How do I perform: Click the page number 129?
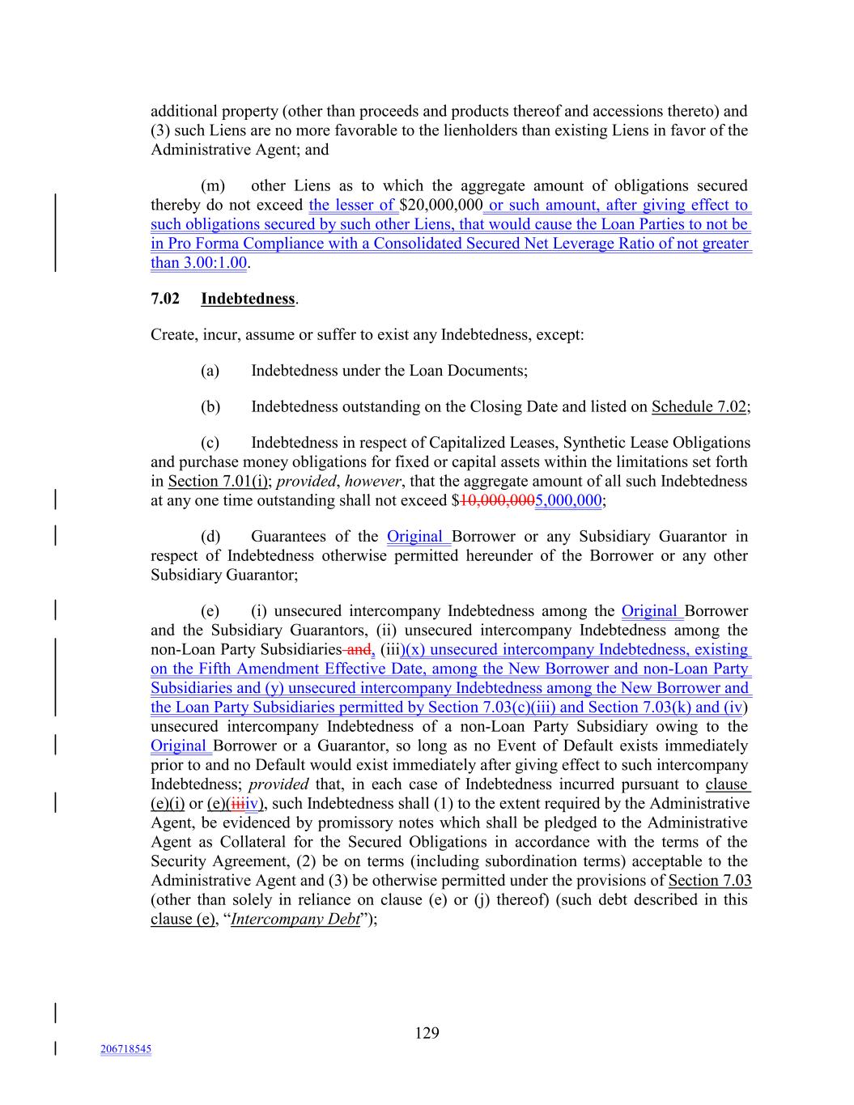[x=427, y=1032]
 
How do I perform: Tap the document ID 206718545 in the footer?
[x=125, y=1049]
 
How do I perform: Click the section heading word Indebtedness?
[x=248, y=299]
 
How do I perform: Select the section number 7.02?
[x=165, y=299]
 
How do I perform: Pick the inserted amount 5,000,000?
[x=568, y=500]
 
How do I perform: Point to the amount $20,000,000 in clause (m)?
[x=441, y=205]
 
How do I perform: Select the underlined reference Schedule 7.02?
[x=699, y=406]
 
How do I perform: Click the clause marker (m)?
[x=213, y=185]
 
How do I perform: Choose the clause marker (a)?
[x=210, y=371]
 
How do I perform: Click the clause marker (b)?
[x=210, y=406]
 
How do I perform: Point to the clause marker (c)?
[x=210, y=442]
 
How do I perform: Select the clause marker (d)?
[x=210, y=536]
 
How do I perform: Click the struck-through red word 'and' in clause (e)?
[x=358, y=649]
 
